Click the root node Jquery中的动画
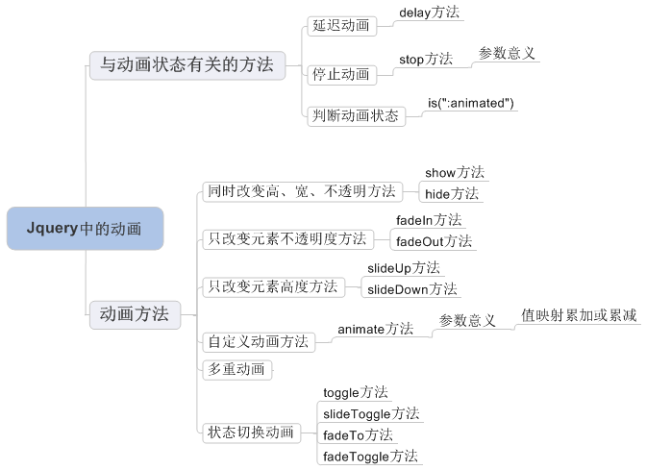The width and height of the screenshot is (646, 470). [x=86, y=229]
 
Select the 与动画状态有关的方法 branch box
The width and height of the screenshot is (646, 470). [x=187, y=65]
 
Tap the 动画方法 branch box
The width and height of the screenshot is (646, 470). [x=136, y=314]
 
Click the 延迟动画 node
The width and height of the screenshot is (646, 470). [x=342, y=26]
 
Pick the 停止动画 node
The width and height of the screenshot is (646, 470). [x=342, y=75]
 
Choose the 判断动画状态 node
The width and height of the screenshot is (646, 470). [x=357, y=116]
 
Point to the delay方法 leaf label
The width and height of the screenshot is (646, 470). [x=430, y=12]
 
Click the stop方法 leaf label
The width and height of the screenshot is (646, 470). [x=426, y=59]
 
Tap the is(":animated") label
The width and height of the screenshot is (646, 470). [x=471, y=103]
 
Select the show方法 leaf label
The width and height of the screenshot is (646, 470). [x=455, y=173]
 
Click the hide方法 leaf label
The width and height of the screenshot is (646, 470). [x=452, y=194]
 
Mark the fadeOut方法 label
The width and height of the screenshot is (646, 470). [x=434, y=241]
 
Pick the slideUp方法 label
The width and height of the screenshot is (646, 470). [x=404, y=268]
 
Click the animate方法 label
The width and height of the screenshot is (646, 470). [x=375, y=329]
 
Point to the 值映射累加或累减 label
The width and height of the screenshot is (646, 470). [x=579, y=315]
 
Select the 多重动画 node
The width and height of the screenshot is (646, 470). [x=236, y=369]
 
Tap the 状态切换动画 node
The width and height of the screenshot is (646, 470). [x=251, y=433]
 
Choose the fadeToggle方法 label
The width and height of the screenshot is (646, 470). [x=370, y=457]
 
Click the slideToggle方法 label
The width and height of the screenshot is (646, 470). [x=371, y=413]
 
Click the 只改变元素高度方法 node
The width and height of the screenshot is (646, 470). [x=274, y=287]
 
